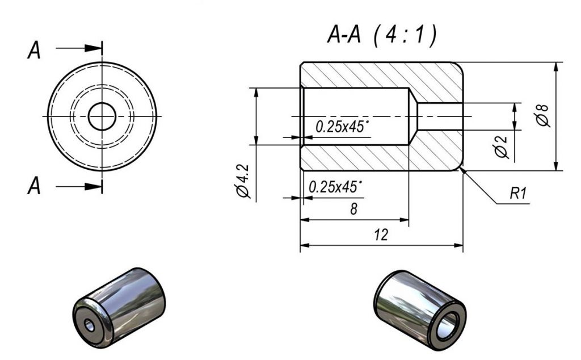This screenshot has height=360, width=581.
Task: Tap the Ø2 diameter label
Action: (x=500, y=146)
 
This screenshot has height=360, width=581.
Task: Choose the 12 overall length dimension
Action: (x=382, y=235)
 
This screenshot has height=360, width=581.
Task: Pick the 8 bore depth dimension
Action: (x=353, y=209)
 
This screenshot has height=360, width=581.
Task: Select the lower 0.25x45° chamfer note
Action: (x=336, y=187)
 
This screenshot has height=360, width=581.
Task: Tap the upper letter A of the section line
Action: (x=35, y=51)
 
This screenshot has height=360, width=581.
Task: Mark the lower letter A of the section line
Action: (x=35, y=186)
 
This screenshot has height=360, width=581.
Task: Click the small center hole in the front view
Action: (x=102, y=116)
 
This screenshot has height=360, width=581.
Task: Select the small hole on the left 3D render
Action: (x=89, y=325)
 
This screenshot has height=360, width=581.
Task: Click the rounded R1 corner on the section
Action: (x=460, y=166)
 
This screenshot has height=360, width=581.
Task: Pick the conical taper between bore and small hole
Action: (x=413, y=116)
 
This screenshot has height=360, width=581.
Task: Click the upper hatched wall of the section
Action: (x=380, y=74)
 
